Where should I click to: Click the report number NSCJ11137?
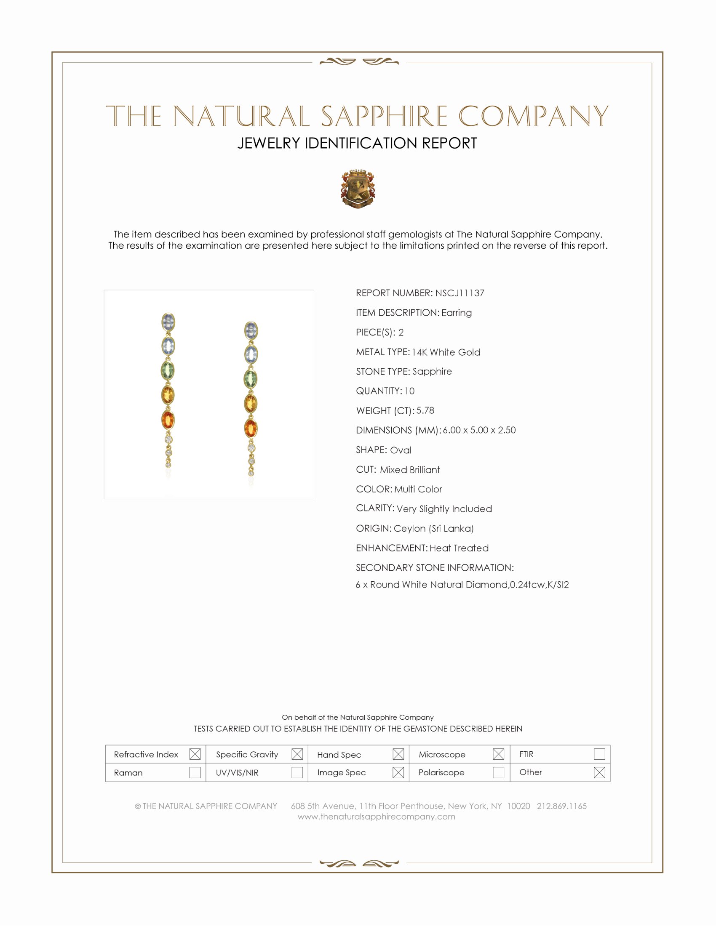pyautogui.click(x=460, y=293)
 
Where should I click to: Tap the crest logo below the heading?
pyautogui.click(x=358, y=189)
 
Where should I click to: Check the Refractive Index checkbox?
pyautogui.click(x=195, y=754)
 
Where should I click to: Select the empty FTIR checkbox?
pyautogui.click(x=599, y=754)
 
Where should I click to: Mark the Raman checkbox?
pyautogui.click(x=195, y=772)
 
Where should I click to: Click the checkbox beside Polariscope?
pyautogui.click(x=498, y=772)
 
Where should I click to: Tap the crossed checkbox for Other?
pyautogui.click(x=599, y=772)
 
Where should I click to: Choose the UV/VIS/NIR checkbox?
pyautogui.click(x=297, y=772)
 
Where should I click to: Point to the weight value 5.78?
pyautogui.click(x=425, y=410)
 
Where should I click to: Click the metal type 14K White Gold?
pyautogui.click(x=446, y=352)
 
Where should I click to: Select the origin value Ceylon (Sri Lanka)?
pyautogui.click(x=433, y=528)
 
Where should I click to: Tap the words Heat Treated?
pyautogui.click(x=459, y=548)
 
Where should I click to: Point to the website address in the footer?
pyautogui.click(x=376, y=817)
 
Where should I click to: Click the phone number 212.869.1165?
pyautogui.click(x=561, y=806)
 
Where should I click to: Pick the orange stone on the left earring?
pyautogui.click(x=168, y=419)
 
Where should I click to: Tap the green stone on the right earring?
pyautogui.click(x=251, y=379)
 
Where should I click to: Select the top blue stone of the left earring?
pyautogui.click(x=168, y=322)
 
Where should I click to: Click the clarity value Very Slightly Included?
pyautogui.click(x=444, y=509)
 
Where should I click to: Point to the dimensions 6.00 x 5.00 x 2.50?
pyautogui.click(x=479, y=430)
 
